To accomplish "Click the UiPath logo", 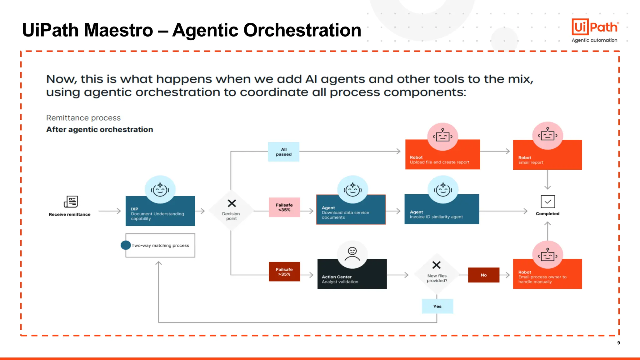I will tap(595, 27).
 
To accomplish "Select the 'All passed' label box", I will tap(283, 152).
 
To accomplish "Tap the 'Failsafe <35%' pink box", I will tap(284, 207).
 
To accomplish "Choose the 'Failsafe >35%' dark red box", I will tap(284, 272).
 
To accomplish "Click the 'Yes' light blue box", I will tap(437, 306).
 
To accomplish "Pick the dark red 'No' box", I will tap(483, 275).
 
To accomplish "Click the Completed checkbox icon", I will tap(548, 202).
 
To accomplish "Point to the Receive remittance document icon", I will tap(71, 202).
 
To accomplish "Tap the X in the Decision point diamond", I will tap(232, 203).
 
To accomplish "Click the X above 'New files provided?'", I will tap(437, 265).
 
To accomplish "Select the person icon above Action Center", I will tap(352, 254).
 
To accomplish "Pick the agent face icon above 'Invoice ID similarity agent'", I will tap(443, 190).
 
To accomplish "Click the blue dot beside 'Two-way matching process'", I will tap(126, 245).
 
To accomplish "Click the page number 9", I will tap(618, 343).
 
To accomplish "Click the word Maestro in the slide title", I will tap(118, 30).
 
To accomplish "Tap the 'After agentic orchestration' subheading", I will tap(100, 129).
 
